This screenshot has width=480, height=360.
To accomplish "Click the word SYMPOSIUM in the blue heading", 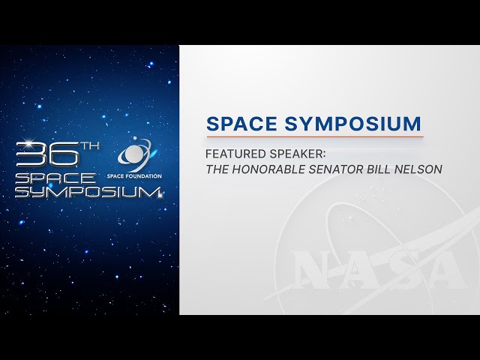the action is click(x=352, y=124).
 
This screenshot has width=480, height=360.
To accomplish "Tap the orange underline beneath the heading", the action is click(x=315, y=136).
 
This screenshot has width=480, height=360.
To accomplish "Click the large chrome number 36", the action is click(x=47, y=154).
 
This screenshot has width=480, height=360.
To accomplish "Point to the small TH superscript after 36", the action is click(x=90, y=146).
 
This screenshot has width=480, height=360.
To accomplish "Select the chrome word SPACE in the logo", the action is click(x=55, y=178).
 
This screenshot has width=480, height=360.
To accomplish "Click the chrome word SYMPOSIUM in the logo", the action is click(x=88, y=192).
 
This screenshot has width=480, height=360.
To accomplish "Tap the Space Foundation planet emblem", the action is click(x=135, y=154).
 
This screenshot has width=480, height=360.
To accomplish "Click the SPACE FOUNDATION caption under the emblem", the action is click(x=134, y=176).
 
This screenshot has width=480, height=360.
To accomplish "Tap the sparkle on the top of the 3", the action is click(x=30, y=142).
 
